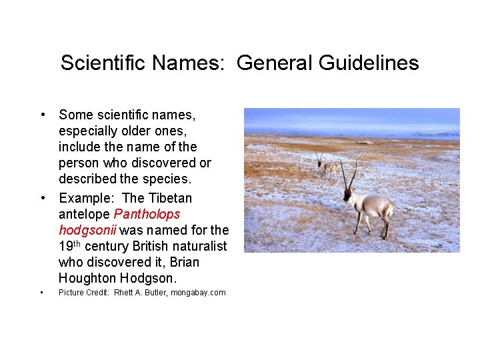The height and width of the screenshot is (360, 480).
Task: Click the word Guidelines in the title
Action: coord(369,63)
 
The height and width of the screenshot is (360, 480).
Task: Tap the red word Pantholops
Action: coord(147,214)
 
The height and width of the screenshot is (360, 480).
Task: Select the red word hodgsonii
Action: coord(87,230)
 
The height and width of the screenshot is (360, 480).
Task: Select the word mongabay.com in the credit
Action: coord(199,293)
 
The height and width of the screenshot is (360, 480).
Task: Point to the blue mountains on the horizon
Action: coord(433,134)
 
